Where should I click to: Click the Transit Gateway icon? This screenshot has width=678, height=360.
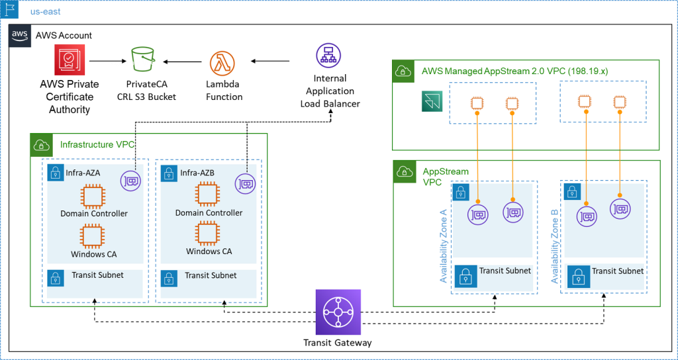[x=334, y=312]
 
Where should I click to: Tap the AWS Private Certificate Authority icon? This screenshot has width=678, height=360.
[x=68, y=61]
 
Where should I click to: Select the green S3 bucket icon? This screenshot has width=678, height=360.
[x=143, y=60]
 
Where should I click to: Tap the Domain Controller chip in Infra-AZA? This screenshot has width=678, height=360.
[x=93, y=196]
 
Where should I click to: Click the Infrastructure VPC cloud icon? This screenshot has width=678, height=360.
[x=41, y=144]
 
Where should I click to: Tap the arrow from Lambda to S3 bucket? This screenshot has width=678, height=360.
[x=182, y=62]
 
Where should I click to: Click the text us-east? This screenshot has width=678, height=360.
[x=45, y=11]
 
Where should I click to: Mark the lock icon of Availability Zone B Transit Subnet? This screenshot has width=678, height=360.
[x=577, y=275]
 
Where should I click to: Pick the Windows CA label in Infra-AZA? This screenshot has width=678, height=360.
[x=93, y=254]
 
